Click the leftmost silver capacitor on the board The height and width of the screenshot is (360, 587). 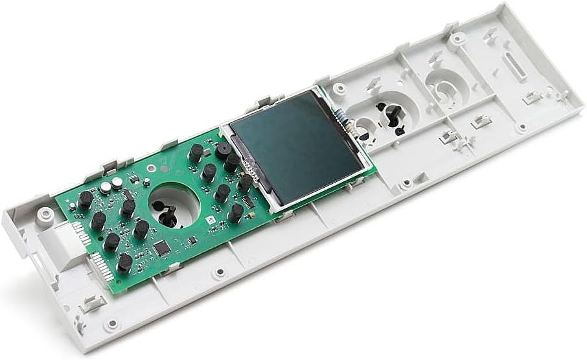click(x=104, y=188)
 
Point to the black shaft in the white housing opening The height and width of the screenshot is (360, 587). click(x=392, y=115)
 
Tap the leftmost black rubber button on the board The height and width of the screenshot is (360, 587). click(x=85, y=200)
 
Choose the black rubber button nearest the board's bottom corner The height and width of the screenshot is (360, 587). click(x=124, y=263)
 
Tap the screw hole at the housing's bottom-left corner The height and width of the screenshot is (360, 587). click(x=113, y=322)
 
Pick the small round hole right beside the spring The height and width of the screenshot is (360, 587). click(x=364, y=126)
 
